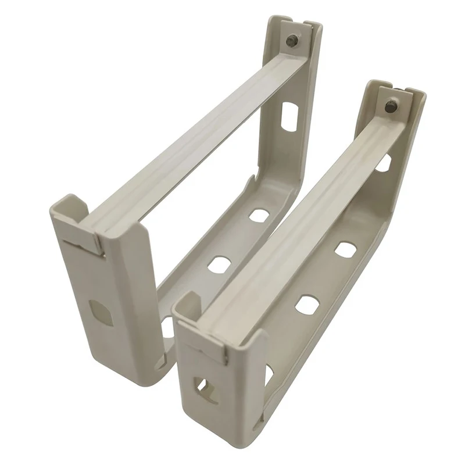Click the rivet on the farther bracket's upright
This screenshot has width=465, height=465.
(x=292, y=40)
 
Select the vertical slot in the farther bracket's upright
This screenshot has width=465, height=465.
(x=288, y=116)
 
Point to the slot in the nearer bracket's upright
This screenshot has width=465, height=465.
(x=384, y=163)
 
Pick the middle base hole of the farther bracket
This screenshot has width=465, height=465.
(x=219, y=264)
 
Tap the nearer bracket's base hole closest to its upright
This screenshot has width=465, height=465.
(x=345, y=249)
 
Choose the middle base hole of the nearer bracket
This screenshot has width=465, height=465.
(x=306, y=304)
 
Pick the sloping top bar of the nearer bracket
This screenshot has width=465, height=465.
(x=302, y=215)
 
